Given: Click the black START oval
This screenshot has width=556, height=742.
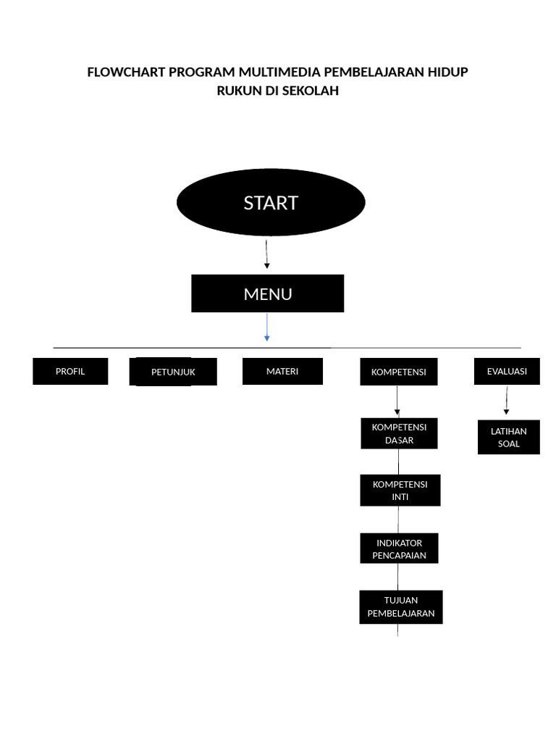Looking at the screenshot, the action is click(x=271, y=203).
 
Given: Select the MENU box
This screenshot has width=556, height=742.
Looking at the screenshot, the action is click(x=267, y=293).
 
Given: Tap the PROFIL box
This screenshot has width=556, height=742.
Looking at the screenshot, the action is click(x=70, y=371).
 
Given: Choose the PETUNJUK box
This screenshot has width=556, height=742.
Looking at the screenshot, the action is click(x=173, y=372).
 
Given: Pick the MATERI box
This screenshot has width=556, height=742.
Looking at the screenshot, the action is click(x=282, y=371).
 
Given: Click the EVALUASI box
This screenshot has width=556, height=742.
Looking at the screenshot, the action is click(x=507, y=371).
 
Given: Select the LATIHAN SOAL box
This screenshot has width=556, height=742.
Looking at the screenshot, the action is click(x=508, y=438).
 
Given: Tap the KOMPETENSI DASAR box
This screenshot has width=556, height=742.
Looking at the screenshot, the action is click(x=400, y=433).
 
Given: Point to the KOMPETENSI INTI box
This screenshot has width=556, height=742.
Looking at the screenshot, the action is click(x=400, y=491).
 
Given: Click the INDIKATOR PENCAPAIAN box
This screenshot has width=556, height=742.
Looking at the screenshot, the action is click(x=399, y=549).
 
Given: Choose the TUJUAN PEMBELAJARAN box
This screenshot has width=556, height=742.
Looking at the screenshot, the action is click(x=400, y=606).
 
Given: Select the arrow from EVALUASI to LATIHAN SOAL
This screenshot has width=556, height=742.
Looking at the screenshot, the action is click(x=506, y=400).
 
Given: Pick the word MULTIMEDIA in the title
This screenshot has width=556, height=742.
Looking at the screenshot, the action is click(x=280, y=72).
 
